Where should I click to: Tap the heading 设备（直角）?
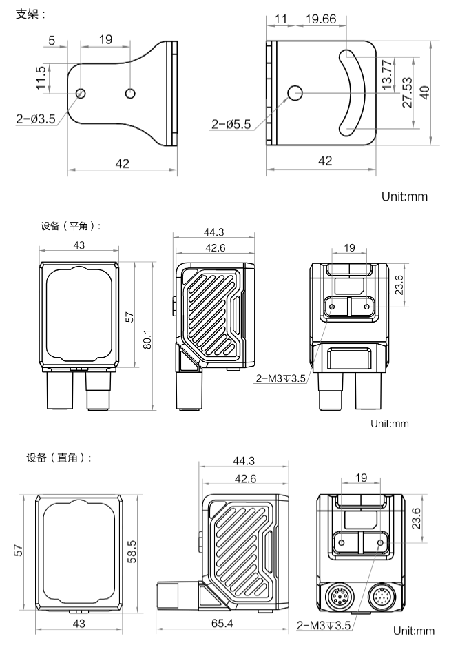click(59, 458)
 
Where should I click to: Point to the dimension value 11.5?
click(41, 79)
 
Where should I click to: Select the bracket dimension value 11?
click(280, 19)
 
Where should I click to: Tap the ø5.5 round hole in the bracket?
click(295, 92)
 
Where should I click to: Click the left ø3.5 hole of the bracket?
click(81, 92)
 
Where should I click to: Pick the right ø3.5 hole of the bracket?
click(130, 92)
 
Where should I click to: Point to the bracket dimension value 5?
click(54, 40)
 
